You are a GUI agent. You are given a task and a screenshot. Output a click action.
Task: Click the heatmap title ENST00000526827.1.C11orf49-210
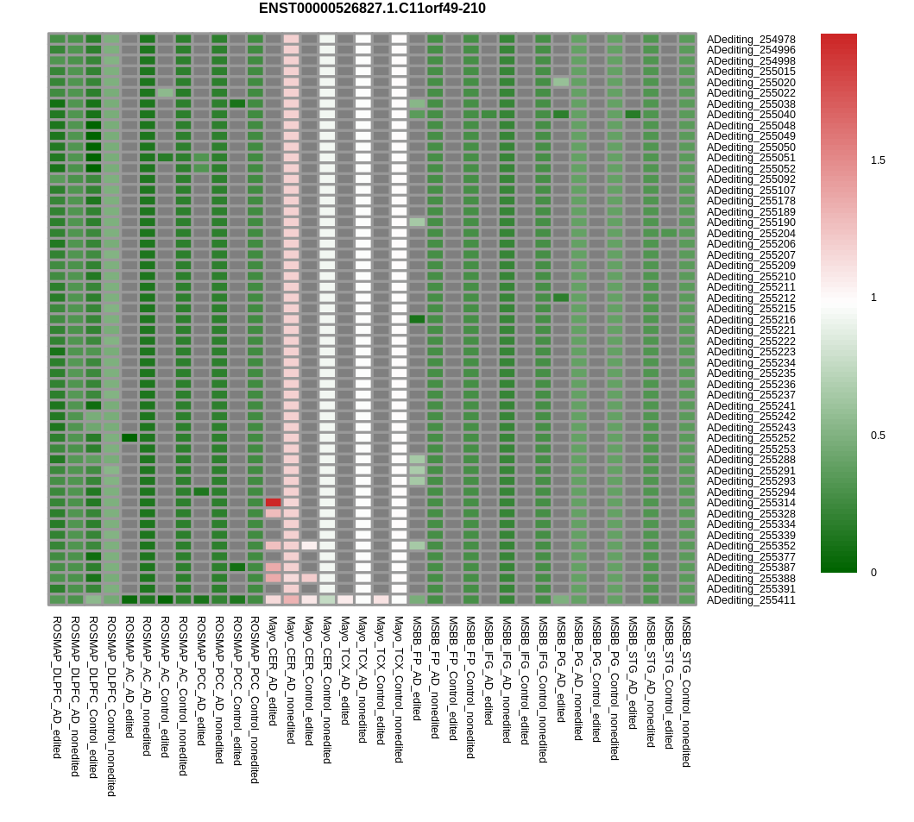point(372,9)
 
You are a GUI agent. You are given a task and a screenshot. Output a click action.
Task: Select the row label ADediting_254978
point(751,40)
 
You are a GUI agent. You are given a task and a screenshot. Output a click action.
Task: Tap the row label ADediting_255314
point(751,503)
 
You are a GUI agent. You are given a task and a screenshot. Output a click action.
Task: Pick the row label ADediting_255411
point(751,600)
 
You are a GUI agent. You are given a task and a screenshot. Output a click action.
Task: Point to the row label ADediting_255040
point(751,115)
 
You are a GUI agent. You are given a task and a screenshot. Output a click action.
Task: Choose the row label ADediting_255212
point(751,298)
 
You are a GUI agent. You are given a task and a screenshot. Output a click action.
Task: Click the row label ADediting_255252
point(751,438)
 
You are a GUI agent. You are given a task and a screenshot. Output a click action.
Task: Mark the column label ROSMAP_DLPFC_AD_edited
point(57,687)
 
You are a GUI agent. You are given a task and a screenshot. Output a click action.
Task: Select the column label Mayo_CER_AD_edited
point(273,671)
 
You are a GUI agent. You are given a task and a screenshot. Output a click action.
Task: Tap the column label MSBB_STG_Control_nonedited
point(687,692)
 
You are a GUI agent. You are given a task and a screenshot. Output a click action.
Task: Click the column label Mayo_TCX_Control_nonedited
point(399,689)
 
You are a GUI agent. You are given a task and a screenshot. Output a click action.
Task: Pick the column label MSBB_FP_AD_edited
point(417,668)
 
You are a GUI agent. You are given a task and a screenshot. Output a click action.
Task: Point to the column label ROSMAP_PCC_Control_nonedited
point(255,700)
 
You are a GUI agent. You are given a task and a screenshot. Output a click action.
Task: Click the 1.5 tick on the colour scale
point(878,160)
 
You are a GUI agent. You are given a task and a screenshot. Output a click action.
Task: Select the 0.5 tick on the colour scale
point(878,436)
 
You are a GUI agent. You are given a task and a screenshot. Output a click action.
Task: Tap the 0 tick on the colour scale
point(873,573)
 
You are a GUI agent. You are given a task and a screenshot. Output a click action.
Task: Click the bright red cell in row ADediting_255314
point(273,503)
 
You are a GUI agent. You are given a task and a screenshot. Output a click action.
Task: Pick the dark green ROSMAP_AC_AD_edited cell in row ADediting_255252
point(129,438)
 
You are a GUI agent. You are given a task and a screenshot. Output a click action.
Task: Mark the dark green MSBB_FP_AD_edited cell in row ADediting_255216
point(417,319)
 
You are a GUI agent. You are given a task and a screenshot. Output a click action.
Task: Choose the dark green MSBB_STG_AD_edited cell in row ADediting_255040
point(633,115)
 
